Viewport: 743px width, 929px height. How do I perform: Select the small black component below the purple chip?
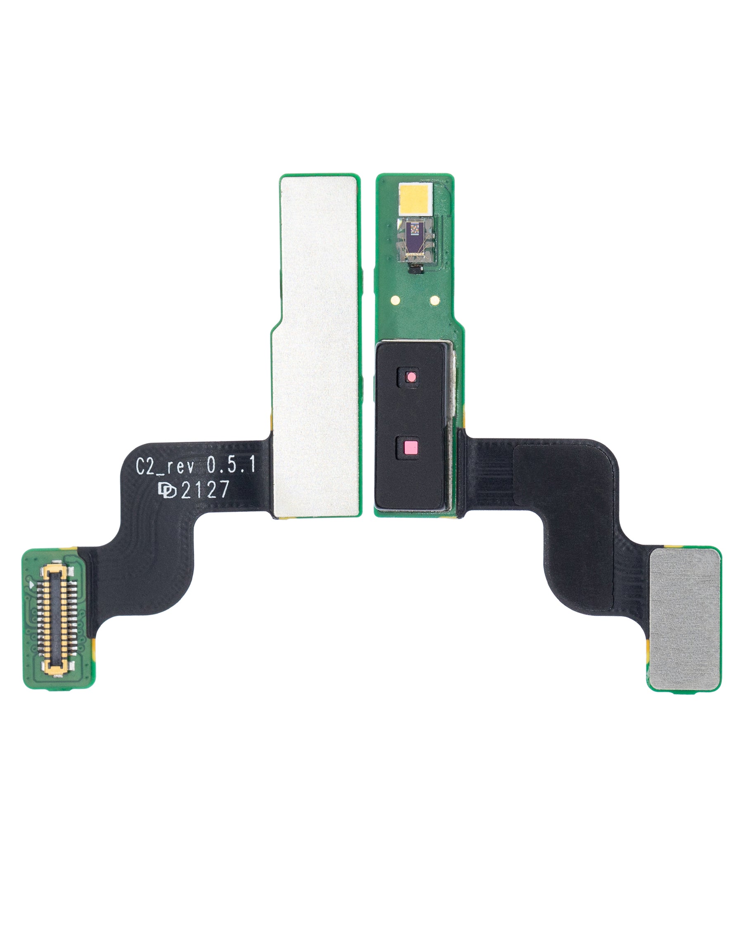pos(416,270)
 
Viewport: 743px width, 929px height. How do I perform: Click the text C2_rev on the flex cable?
pos(165,466)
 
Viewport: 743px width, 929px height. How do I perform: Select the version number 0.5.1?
pos(231,465)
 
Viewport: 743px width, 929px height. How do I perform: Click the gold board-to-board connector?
pos(55,620)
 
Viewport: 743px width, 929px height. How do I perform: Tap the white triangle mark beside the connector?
pos(31,585)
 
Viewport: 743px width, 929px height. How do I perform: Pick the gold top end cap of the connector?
pos(55,571)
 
